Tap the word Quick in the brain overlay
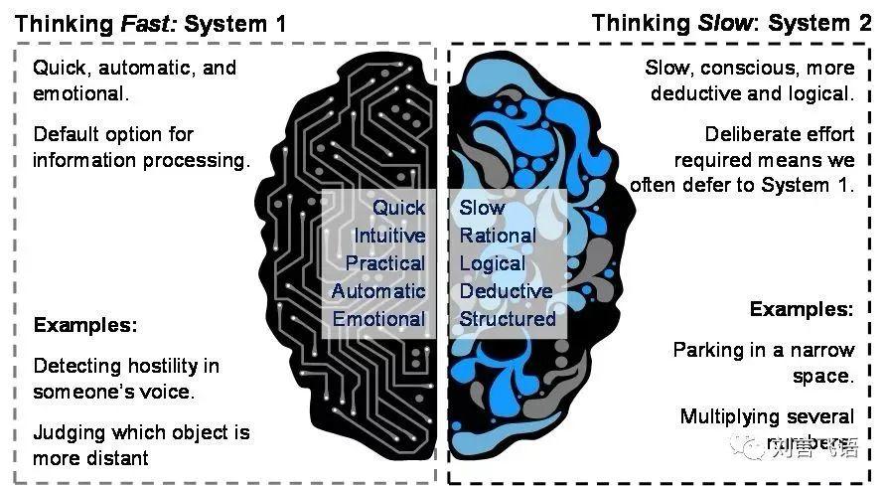(x=398, y=208)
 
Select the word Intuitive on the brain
(x=389, y=236)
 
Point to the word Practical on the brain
(x=385, y=263)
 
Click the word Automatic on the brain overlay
(x=378, y=291)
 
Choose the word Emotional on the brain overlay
(x=378, y=319)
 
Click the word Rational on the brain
(x=497, y=236)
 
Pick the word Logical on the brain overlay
(x=492, y=263)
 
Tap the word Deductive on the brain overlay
(x=506, y=291)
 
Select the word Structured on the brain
(x=508, y=319)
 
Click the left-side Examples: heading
(x=84, y=325)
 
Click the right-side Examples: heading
(x=801, y=309)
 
